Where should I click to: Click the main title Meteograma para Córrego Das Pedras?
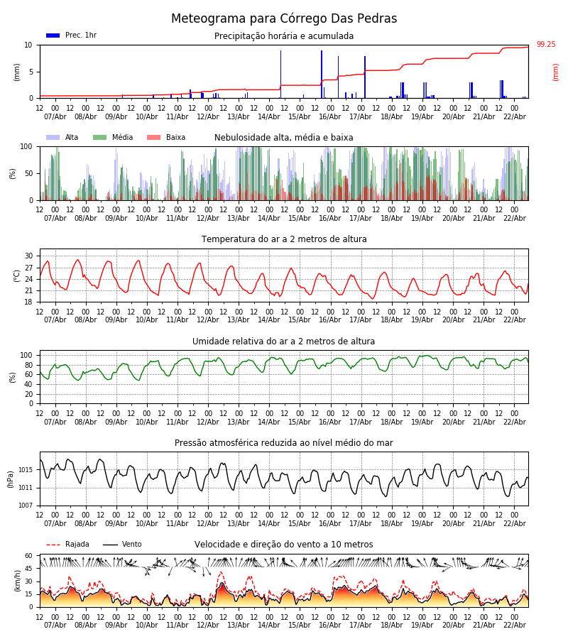pos(284,19)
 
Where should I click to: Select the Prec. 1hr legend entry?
pos(72,35)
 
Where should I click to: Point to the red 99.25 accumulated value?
pos(546,45)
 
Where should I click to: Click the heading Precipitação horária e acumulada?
pos(284,36)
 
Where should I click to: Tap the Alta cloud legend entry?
pos(63,138)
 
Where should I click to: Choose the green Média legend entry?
pos(114,138)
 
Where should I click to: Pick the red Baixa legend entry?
pos(167,138)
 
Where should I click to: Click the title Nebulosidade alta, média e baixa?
pos(284,138)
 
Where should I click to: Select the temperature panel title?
pos(284,239)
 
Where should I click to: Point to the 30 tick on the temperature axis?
pos(29,256)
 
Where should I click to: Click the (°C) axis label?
pos(16,275)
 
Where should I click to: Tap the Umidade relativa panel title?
pos(284,342)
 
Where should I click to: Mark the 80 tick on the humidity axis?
pos(29,365)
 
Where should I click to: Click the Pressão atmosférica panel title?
pos(284,443)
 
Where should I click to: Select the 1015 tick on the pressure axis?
pos(26,470)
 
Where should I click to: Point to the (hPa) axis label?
pos(11,479)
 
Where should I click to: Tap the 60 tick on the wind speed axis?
pos(29,556)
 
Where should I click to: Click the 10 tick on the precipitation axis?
pos(29,45)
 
